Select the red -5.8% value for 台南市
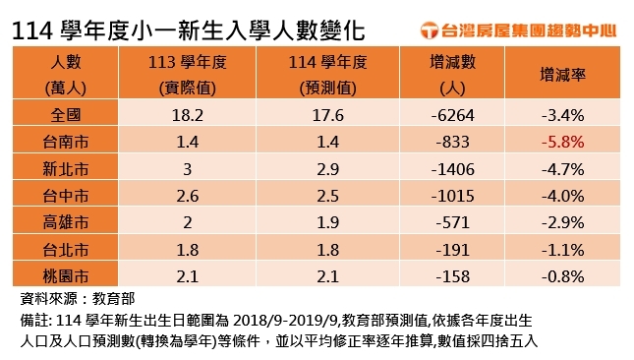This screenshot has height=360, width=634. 563,142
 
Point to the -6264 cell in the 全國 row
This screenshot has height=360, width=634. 453,115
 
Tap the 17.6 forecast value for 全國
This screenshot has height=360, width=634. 320,115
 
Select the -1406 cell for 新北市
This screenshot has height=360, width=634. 453,168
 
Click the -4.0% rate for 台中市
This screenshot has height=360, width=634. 563,195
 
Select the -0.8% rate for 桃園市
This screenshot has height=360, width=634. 563,274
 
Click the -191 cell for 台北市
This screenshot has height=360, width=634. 453,248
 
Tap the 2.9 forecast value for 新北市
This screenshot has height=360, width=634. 320,168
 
